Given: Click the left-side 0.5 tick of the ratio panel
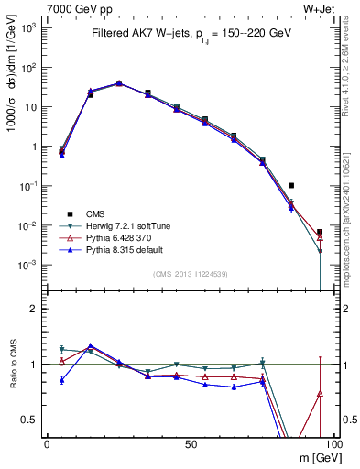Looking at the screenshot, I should click(x=32, y=420).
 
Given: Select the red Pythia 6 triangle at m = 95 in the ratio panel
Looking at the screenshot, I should click(x=320, y=394).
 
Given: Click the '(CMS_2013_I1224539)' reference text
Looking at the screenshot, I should click(x=190, y=275).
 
